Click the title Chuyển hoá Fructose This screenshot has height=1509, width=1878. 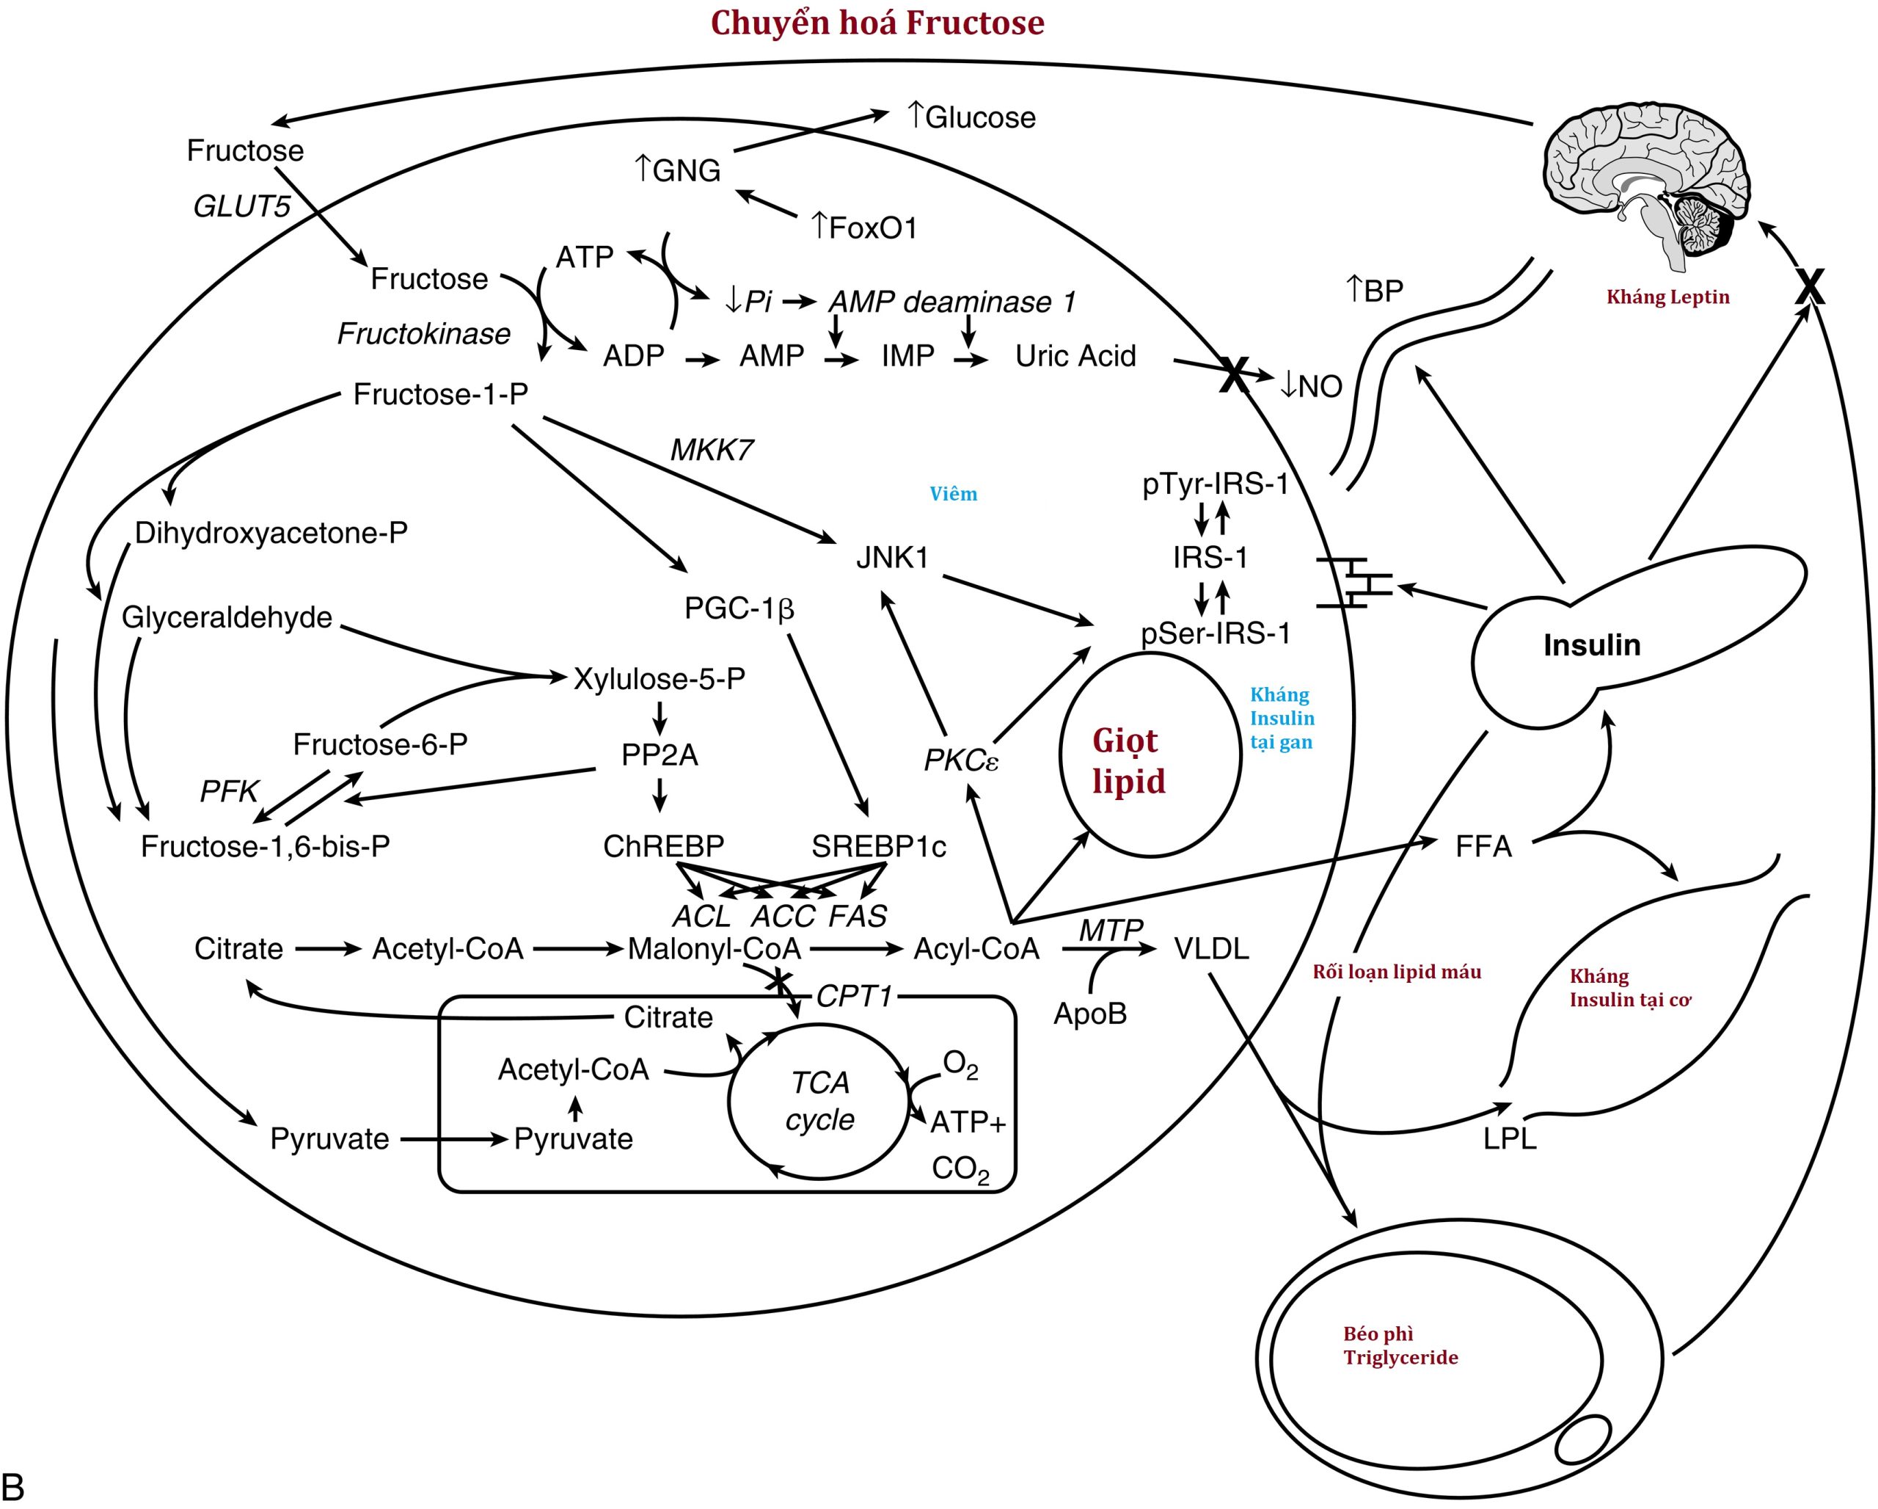click(877, 23)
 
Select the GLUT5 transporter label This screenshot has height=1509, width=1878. click(241, 206)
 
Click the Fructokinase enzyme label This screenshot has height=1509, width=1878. click(423, 334)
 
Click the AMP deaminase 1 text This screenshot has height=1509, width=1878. click(951, 302)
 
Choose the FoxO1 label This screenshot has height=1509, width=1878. click(864, 228)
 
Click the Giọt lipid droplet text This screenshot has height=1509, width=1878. click(1128, 760)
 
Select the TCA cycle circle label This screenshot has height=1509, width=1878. click(819, 1100)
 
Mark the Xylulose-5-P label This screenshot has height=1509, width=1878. click(659, 679)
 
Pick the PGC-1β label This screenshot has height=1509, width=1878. click(739, 608)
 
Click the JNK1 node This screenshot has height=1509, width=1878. click(892, 558)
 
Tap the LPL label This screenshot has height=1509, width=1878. click(1510, 1138)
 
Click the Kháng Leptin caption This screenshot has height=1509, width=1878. click(1667, 297)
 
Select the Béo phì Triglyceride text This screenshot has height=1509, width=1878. click(1400, 1345)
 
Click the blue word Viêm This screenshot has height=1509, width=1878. click(953, 494)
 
